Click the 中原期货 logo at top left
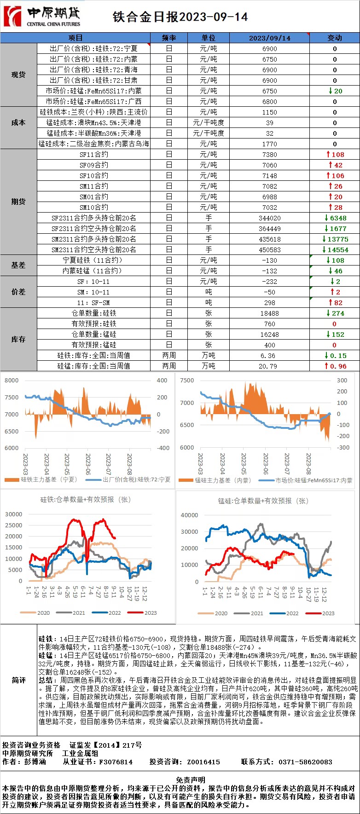(x=41, y=17)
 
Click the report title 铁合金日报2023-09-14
(x=180, y=17)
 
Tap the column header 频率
(x=169, y=38)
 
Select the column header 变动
(x=335, y=38)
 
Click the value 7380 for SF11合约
(x=270, y=155)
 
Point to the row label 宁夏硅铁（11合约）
(x=93, y=260)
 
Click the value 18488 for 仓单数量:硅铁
(x=270, y=313)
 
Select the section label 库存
(x=18, y=339)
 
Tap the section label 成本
(x=18, y=123)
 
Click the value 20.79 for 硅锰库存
(x=270, y=366)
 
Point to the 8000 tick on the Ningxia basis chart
(x=12, y=381)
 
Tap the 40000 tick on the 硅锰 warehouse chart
(x=190, y=515)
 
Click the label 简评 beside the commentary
(x=18, y=680)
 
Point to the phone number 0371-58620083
(x=305, y=762)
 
